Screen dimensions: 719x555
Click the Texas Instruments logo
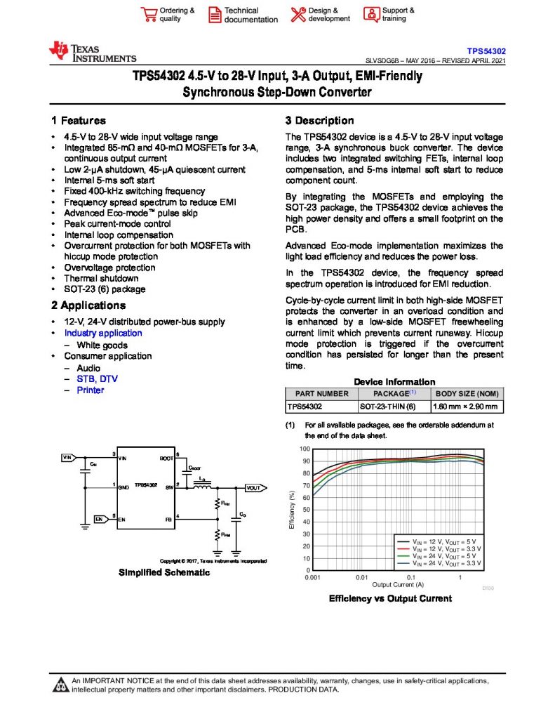pos(92,52)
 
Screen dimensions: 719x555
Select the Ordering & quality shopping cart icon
pos(148,15)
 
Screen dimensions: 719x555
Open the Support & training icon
pos(370,15)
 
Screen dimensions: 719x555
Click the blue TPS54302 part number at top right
pos(487,51)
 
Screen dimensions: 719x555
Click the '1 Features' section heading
pos(79,121)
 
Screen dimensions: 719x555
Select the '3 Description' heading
pos(319,121)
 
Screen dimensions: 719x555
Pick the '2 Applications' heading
pos(88,305)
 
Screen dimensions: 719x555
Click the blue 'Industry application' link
pos(103,333)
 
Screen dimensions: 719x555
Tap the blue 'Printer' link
pos(90,390)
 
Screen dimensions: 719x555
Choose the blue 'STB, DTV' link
pos(98,378)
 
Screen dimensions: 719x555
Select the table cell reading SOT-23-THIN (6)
pos(388,406)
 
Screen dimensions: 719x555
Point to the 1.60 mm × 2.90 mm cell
pos(465,406)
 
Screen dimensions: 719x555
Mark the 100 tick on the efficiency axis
pos(305,449)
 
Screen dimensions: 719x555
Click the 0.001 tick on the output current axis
pos(312,577)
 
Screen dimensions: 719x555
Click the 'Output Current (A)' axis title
pos(397,584)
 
